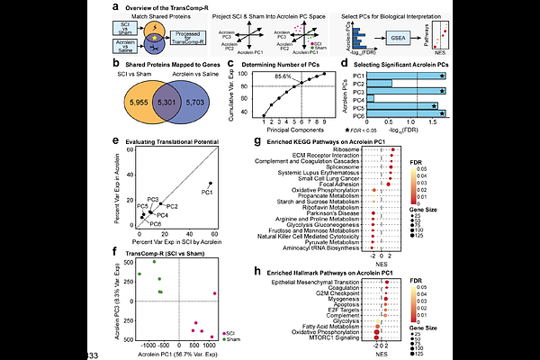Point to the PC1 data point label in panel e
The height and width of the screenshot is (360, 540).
pos(207,192)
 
